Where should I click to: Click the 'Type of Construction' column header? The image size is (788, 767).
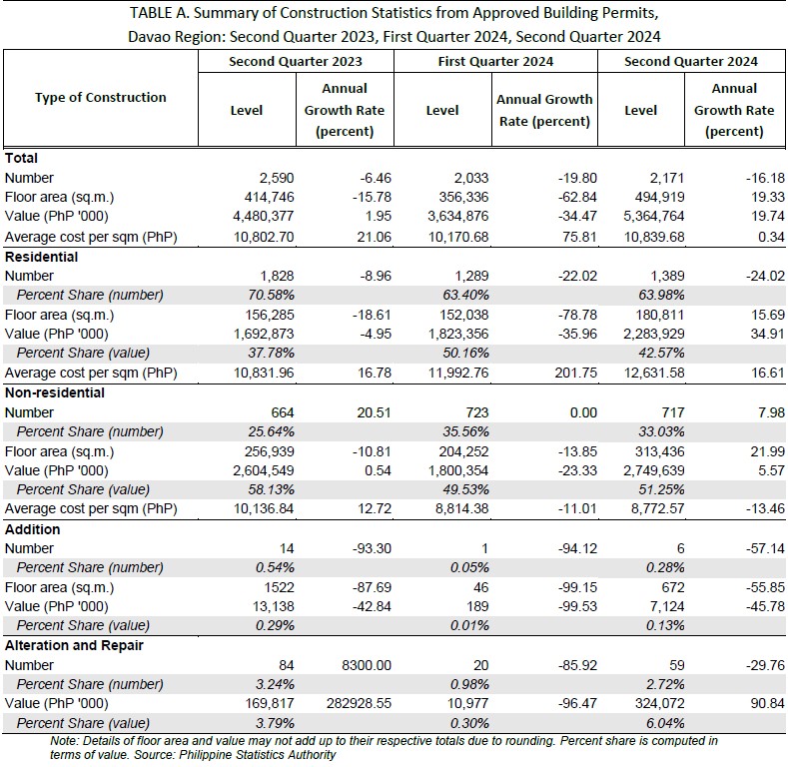tap(101, 97)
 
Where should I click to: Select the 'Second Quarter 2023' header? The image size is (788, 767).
tap(296, 61)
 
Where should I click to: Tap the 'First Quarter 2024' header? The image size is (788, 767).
tap(495, 61)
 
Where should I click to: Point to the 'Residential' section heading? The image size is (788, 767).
tap(41, 257)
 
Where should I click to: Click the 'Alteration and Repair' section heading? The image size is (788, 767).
tap(74, 645)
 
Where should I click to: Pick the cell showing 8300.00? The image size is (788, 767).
tap(367, 665)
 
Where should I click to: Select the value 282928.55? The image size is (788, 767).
tap(359, 703)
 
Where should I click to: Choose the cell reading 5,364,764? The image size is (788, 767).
tap(654, 216)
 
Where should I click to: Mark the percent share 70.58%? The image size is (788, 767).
tap(271, 295)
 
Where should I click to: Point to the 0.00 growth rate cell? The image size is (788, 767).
tap(583, 412)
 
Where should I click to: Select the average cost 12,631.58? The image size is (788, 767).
tap(654, 373)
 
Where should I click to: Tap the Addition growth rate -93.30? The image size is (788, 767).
tap(372, 548)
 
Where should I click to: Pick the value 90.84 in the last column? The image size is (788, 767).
tap(767, 703)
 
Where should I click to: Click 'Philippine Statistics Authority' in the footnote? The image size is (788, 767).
tap(257, 755)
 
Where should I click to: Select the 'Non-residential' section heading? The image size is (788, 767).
tap(55, 392)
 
